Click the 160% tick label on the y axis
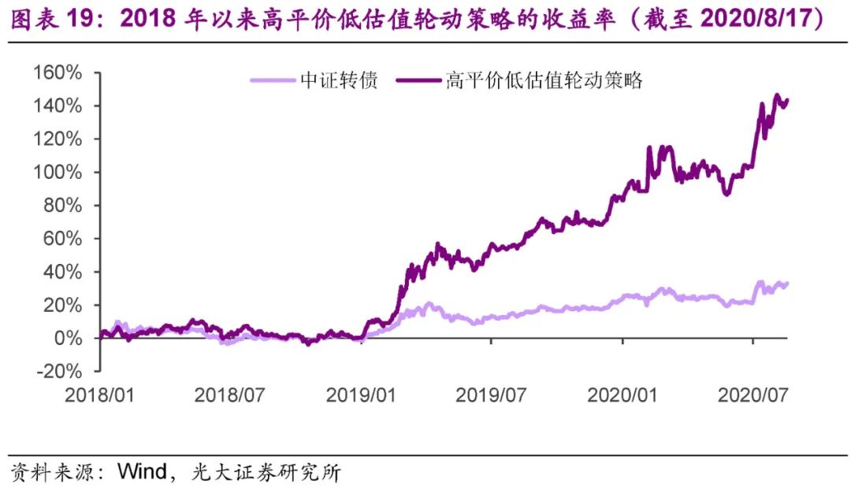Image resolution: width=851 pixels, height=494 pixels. tap(57, 73)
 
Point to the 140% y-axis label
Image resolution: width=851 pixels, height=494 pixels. tap(57, 106)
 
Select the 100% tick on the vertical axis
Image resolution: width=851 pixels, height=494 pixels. tap(57, 173)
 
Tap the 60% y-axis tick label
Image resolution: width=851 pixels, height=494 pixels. tap(61, 239)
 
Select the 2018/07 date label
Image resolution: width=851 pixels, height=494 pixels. tap(229, 394)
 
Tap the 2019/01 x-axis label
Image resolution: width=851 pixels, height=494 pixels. tap(361, 394)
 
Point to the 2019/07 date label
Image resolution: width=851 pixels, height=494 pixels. tap(491, 394)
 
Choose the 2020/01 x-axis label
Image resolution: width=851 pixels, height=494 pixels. tap(622, 394)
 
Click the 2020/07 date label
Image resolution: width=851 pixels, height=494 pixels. tap(753, 394)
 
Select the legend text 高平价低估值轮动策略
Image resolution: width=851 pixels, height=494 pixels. tap(544, 80)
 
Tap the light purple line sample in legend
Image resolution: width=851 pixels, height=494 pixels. tap(273, 80)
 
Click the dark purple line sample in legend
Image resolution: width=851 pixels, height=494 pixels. tap(418, 80)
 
